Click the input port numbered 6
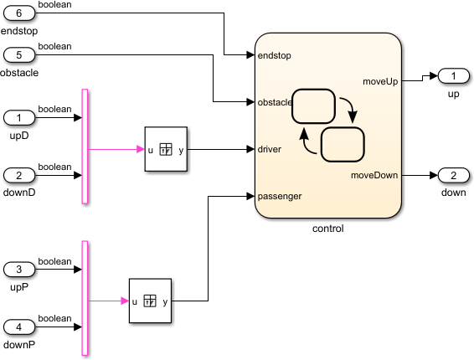pyautogui.click(x=20, y=13)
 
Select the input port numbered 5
pyautogui.click(x=20, y=55)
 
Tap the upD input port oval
pyautogui.click(x=20, y=117)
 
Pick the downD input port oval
pyautogui.click(x=20, y=175)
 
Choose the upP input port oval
pyautogui.click(x=20, y=270)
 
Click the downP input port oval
pyautogui.click(x=20, y=327)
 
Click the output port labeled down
pyautogui.click(x=453, y=175)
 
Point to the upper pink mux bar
pyautogui.click(x=85, y=146)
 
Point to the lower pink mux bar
pyautogui.click(x=85, y=298)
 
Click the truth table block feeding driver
pyautogui.click(x=166, y=150)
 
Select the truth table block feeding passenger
pyautogui.click(x=150, y=301)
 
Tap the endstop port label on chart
pyautogui.click(x=274, y=55)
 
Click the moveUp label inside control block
pyautogui.click(x=379, y=81)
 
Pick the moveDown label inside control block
pyautogui.click(x=374, y=175)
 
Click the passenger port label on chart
pyautogui.click(x=281, y=196)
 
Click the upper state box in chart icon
pyautogui.click(x=313, y=106)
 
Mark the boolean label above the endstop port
pyautogui.click(x=55, y=5)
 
